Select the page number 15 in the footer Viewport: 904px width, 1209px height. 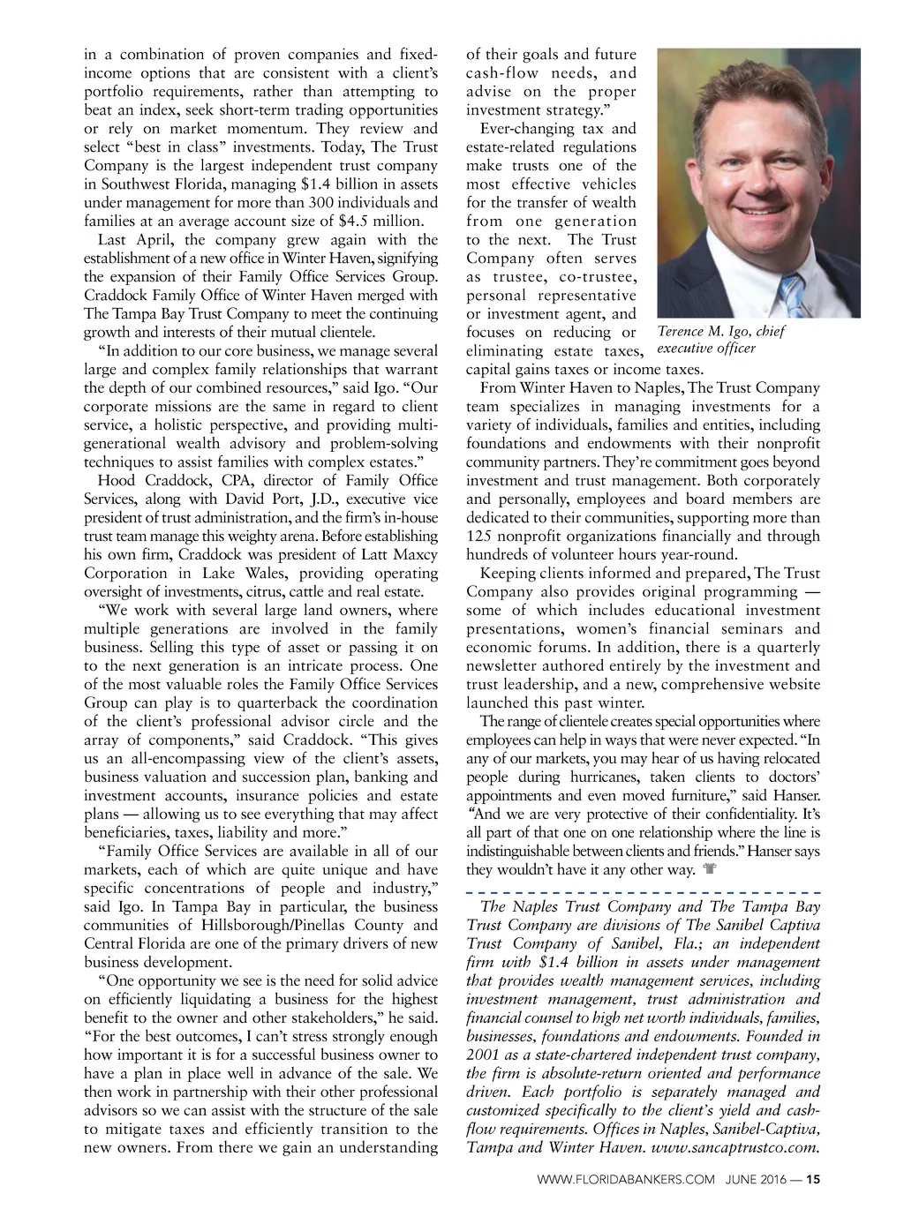click(813, 1178)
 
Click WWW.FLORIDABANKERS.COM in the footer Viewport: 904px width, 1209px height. click(624, 1178)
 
